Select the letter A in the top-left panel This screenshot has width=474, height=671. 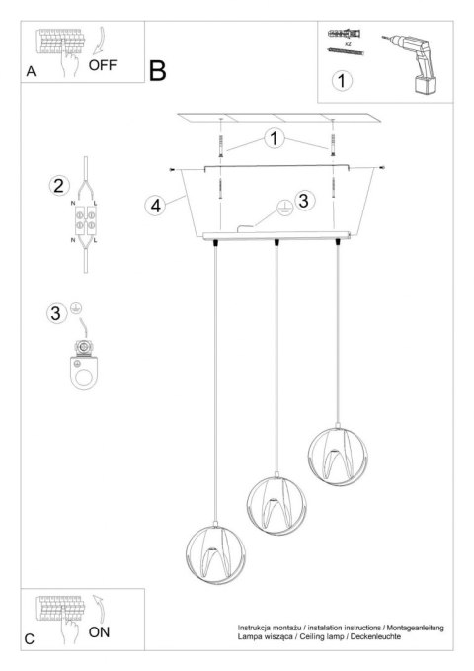pyautogui.click(x=32, y=73)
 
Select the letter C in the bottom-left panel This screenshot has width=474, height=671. pyautogui.click(x=31, y=639)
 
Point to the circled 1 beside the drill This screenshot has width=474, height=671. pyautogui.click(x=342, y=80)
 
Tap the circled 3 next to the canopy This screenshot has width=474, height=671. pyautogui.click(x=305, y=201)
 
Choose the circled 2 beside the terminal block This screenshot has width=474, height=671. pyautogui.click(x=59, y=186)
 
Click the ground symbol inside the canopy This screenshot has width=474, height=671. pyautogui.click(x=280, y=209)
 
